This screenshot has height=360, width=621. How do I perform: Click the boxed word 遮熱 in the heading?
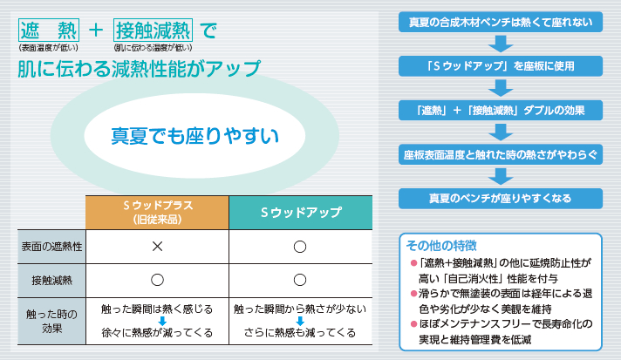click(49, 30)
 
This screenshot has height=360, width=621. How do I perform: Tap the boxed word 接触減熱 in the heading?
click(153, 30)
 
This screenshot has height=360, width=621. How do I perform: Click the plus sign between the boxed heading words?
click(96, 30)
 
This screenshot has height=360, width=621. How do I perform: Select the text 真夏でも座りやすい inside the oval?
click(194, 136)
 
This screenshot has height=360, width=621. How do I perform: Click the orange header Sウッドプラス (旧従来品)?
click(157, 213)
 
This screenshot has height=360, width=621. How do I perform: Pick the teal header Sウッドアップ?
click(301, 213)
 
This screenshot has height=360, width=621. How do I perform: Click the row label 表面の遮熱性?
click(51, 247)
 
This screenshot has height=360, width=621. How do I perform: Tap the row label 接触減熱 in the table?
click(51, 281)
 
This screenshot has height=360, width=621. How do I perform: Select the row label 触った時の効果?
click(51, 321)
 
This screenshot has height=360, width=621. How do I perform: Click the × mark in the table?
click(157, 247)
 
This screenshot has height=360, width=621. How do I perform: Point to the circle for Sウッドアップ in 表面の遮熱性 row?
click(300, 247)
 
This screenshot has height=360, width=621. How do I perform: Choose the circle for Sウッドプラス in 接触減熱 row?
click(157, 280)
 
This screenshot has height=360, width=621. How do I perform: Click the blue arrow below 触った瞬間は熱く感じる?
click(162, 321)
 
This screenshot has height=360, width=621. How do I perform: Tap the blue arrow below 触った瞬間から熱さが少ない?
click(300, 321)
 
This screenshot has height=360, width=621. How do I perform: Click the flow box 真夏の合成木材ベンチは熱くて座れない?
click(501, 22)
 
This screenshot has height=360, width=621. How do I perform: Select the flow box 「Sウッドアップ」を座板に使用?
click(501, 65)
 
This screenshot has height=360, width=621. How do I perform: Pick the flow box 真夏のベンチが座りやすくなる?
click(501, 198)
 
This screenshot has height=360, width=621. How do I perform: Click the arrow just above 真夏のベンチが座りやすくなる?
click(501, 176)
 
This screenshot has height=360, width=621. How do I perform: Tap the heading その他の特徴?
click(441, 246)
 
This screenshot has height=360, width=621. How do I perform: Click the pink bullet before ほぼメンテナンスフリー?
click(414, 324)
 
